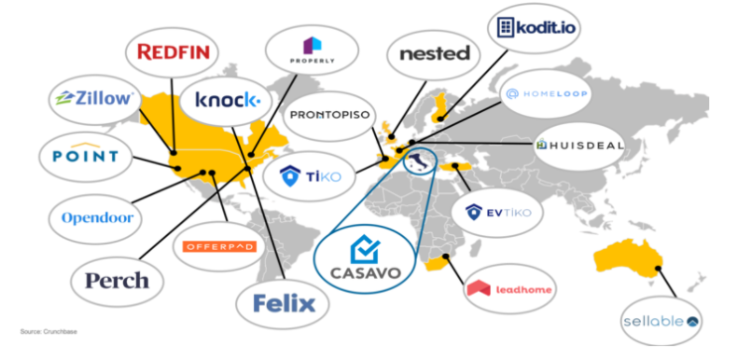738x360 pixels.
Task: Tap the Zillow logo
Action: [x=94, y=99]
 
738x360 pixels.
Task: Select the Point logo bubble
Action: [x=84, y=156]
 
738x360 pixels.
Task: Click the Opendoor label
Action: [x=96, y=217]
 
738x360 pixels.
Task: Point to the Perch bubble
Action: [x=117, y=281]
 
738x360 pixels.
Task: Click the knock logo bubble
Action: [x=227, y=100]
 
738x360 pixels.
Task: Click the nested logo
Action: [x=433, y=54]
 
